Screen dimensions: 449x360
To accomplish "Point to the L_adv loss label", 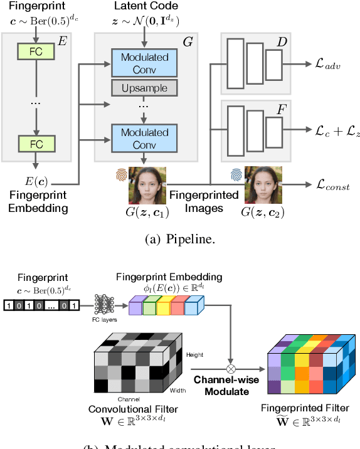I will pos(328,65).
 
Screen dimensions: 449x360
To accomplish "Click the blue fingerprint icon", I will pos(236,176).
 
